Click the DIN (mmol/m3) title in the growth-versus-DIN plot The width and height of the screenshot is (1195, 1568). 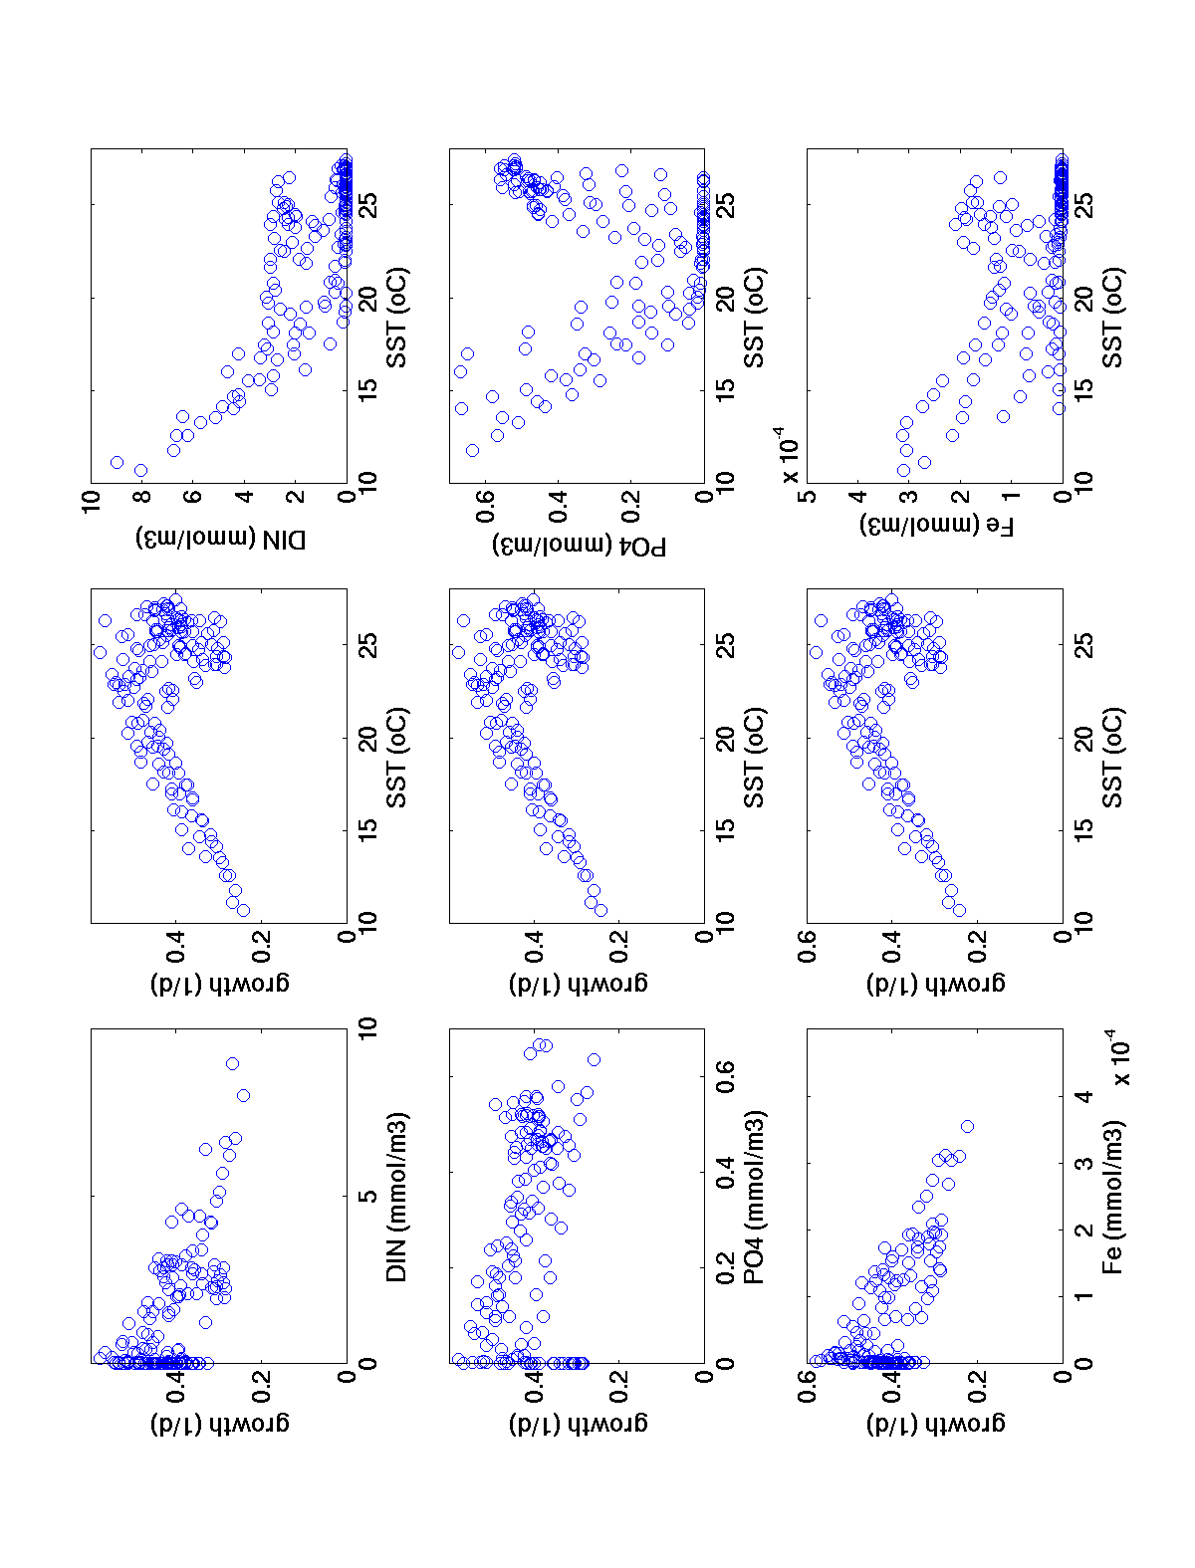[x=397, y=1196]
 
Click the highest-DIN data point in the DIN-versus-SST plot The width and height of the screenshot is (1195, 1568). [x=117, y=462]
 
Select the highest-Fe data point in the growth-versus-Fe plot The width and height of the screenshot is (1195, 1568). [x=967, y=1126]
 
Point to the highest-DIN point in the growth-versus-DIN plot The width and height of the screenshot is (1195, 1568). [x=232, y=1063]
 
